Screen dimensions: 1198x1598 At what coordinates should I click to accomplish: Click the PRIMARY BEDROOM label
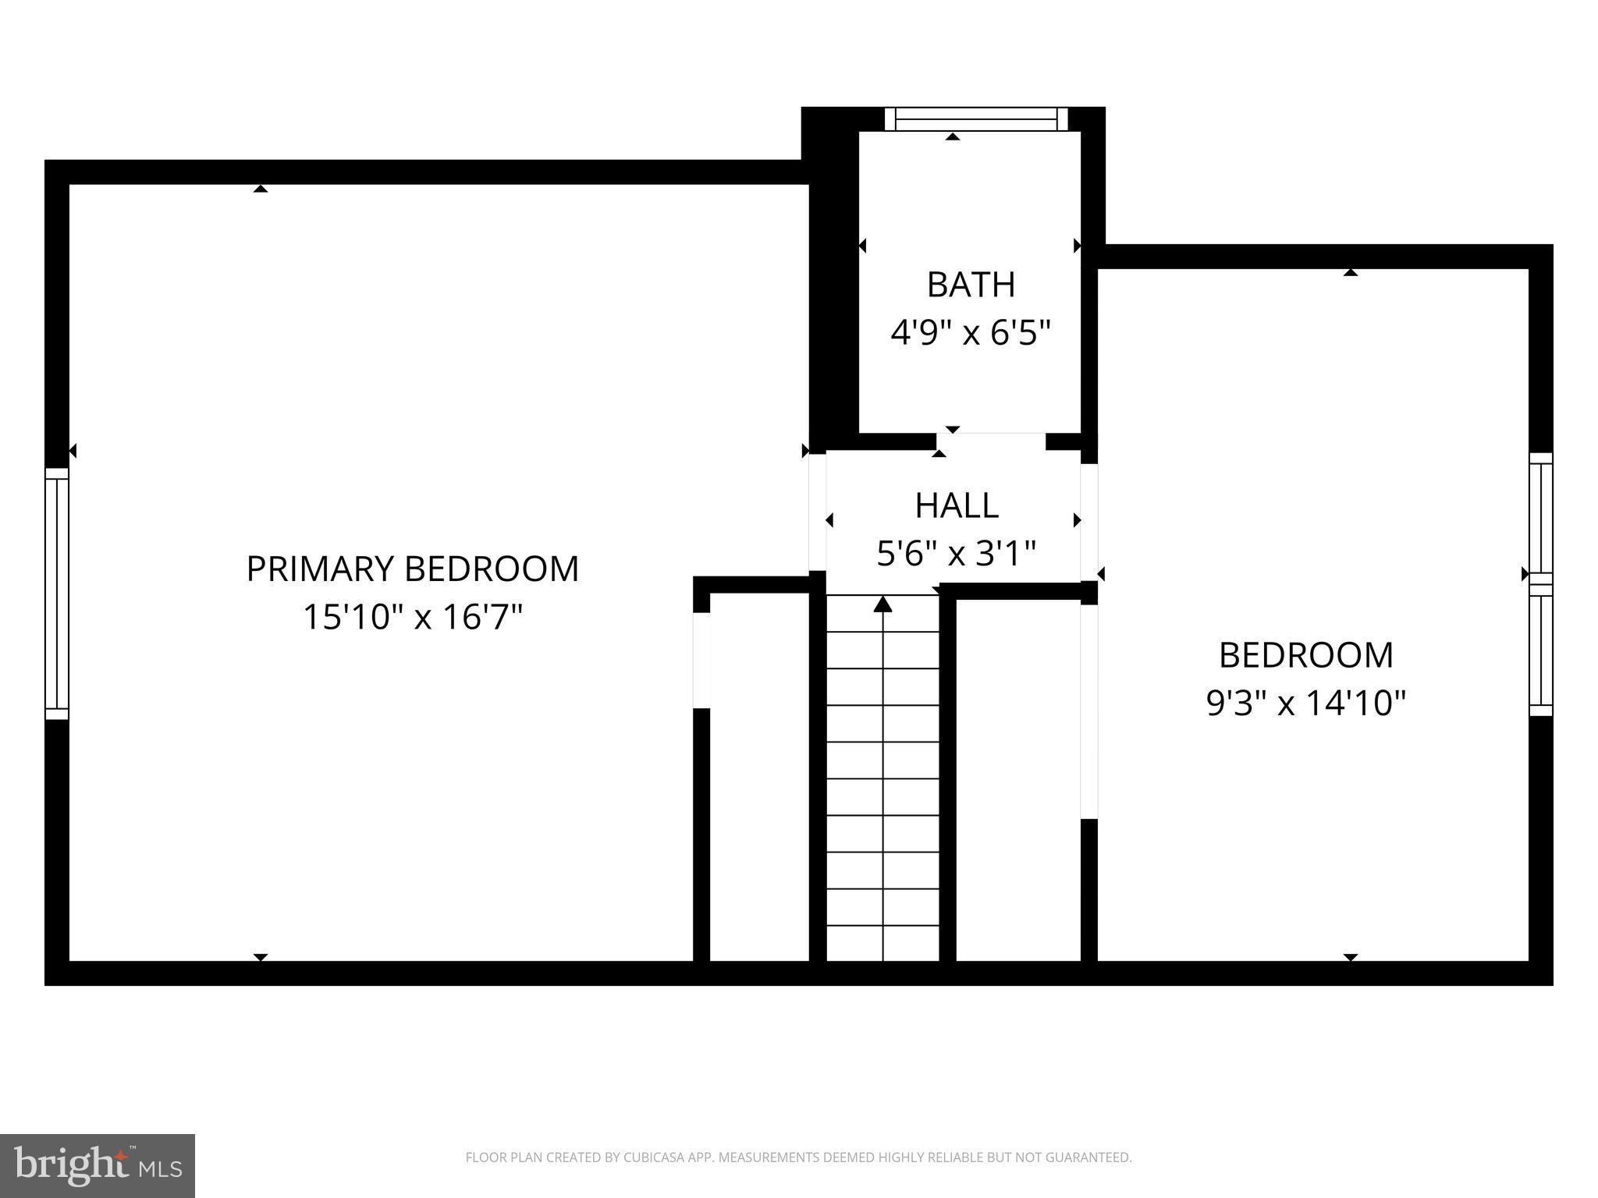pyautogui.click(x=412, y=569)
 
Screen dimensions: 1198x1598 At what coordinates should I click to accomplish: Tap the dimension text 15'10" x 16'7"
pyautogui.click(x=412, y=618)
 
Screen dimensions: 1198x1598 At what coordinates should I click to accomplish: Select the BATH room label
pyautogui.click(x=971, y=285)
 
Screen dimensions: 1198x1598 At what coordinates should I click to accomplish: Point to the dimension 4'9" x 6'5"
pyautogui.click(x=971, y=333)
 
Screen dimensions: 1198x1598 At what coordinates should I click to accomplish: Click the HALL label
pyautogui.click(x=957, y=505)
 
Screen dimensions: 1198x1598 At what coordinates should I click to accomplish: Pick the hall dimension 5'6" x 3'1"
pyautogui.click(x=957, y=554)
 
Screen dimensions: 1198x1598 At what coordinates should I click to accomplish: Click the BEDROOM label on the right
pyautogui.click(x=1305, y=655)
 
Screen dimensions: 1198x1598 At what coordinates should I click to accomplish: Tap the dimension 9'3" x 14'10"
pyautogui.click(x=1305, y=704)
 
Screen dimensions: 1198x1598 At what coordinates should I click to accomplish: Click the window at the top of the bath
pyautogui.click(x=975, y=119)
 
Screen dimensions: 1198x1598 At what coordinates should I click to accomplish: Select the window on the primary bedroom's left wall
pyautogui.click(x=57, y=594)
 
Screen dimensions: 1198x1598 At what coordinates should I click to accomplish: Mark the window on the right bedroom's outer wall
pyautogui.click(x=1540, y=584)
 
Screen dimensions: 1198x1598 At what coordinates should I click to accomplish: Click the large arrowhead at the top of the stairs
pyautogui.click(x=882, y=604)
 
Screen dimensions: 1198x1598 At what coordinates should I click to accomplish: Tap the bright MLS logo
pyautogui.click(x=97, y=1165)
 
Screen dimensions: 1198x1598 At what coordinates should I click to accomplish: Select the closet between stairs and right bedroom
pyautogui.click(x=1017, y=780)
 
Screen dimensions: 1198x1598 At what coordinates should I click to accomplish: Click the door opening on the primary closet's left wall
pyautogui.click(x=701, y=660)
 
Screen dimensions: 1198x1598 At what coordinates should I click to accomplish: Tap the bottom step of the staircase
pyautogui.click(x=882, y=944)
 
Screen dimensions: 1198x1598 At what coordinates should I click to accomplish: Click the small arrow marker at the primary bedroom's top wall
pyautogui.click(x=261, y=189)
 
